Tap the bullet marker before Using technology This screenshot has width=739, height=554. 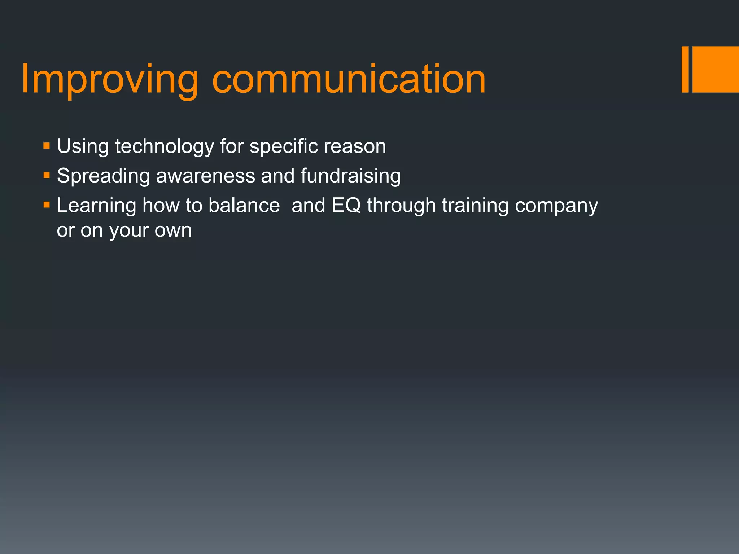46,146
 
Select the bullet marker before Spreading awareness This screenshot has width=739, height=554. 46,176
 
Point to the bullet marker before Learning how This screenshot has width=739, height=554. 46,205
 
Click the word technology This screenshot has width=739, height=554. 165,147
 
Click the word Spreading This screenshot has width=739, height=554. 103,176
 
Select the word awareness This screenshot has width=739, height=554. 205,176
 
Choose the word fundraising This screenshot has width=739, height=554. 350,176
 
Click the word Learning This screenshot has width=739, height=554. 96,206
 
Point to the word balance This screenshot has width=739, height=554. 244,206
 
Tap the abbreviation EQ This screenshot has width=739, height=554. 346,206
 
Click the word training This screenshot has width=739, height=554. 475,206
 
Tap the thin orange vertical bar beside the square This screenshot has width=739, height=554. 685,69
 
